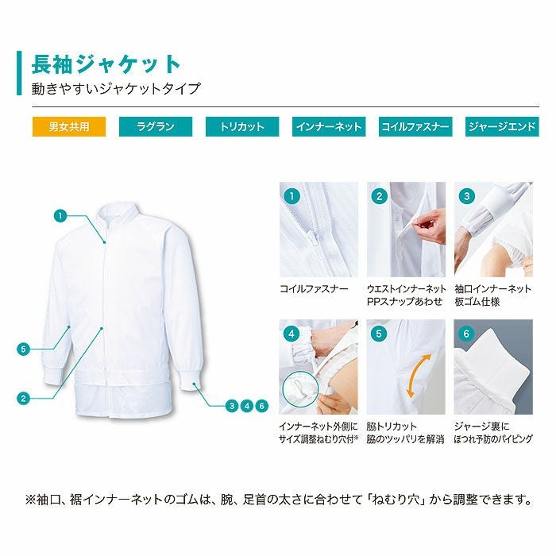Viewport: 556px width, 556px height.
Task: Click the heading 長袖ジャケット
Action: pos(106,64)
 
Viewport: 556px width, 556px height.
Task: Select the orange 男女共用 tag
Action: pos(68,126)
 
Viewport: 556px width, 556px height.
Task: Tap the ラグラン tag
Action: pos(155,126)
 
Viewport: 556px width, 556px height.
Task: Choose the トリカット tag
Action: pos(242,126)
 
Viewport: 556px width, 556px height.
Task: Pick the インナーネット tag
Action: pos(328,126)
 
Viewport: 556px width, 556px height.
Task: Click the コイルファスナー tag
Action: pos(415,126)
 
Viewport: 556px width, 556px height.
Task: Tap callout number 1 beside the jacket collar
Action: pos(60,214)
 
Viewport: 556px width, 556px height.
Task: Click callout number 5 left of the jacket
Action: pos(25,348)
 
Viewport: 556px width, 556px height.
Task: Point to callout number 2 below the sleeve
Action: pos(25,398)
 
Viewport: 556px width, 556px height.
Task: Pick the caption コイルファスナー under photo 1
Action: pos(314,289)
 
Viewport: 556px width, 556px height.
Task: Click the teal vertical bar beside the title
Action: pos(19,73)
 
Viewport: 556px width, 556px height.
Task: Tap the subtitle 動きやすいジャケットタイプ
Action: pos(116,89)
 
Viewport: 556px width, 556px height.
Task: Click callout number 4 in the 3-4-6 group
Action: pos(247,406)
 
